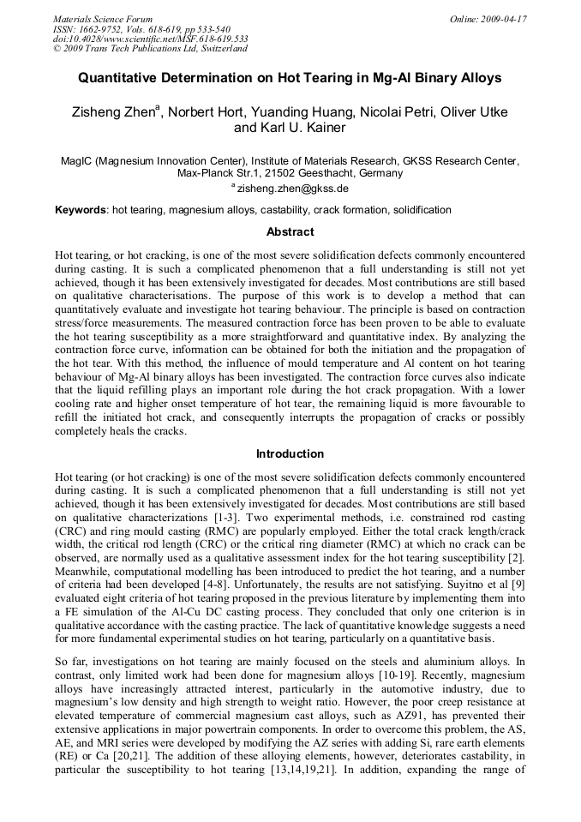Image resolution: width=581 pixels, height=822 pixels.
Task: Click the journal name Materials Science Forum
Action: [103, 19]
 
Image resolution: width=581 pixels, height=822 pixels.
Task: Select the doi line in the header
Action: [151, 39]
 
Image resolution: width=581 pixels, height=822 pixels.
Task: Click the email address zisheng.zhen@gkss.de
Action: [292, 188]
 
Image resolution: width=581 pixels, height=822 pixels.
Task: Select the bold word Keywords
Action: [81, 210]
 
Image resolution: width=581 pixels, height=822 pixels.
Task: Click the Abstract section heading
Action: [290, 232]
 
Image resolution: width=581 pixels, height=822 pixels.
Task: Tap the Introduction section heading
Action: [290, 454]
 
